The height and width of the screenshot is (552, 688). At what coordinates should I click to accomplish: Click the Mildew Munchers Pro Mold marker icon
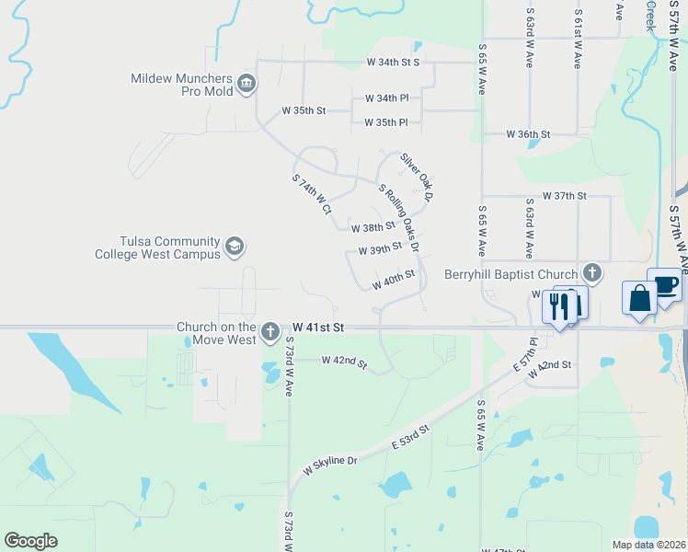(x=246, y=85)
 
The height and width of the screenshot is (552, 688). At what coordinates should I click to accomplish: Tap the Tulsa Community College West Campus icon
(x=235, y=247)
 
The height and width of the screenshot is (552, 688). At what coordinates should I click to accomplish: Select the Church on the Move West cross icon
(x=269, y=330)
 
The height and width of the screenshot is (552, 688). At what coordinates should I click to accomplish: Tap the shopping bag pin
(x=639, y=299)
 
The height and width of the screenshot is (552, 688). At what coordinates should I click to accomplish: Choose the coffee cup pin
(x=664, y=285)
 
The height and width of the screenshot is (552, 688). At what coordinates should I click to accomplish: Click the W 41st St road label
(x=318, y=328)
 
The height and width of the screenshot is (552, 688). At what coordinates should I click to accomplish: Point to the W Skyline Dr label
(x=329, y=466)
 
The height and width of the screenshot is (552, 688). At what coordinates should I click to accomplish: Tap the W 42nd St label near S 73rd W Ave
(x=344, y=362)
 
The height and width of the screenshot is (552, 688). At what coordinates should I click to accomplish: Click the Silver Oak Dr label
(x=416, y=177)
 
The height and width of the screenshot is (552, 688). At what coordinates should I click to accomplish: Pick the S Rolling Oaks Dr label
(x=399, y=218)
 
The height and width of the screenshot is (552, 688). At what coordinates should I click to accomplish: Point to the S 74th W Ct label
(x=311, y=195)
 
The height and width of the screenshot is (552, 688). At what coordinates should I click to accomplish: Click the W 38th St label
(x=373, y=225)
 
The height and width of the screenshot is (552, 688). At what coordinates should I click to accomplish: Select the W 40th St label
(x=394, y=280)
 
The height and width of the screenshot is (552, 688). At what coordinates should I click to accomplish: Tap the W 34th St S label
(x=393, y=63)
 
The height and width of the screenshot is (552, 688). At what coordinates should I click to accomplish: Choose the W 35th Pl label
(x=385, y=122)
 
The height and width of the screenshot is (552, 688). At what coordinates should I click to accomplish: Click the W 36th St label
(x=528, y=134)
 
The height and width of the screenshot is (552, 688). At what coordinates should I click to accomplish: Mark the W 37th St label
(x=564, y=196)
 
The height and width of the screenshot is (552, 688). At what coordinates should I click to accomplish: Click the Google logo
(x=30, y=541)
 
